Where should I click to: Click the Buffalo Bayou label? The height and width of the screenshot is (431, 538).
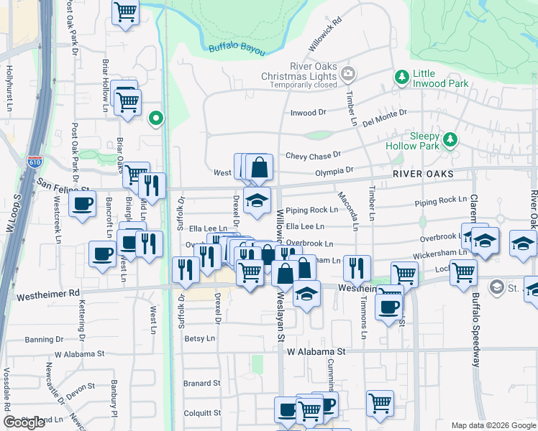[237, 47]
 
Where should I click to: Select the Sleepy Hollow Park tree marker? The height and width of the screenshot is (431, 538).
[450, 139]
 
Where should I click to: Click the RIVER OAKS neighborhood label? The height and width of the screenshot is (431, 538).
[424, 175]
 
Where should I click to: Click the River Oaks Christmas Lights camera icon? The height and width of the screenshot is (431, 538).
[348, 73]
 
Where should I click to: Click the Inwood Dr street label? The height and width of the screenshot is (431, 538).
[308, 113]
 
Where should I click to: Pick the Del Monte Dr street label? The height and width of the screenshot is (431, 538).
[385, 117]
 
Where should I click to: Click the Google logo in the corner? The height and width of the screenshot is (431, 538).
[24, 422]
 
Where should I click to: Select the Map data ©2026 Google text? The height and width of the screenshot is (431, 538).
[493, 425]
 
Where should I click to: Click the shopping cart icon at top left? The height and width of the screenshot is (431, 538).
[126, 11]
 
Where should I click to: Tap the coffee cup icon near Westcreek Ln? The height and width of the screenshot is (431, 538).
[82, 203]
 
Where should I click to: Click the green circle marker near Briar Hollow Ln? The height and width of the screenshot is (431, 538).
[155, 119]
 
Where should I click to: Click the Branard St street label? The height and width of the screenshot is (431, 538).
[201, 384]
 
